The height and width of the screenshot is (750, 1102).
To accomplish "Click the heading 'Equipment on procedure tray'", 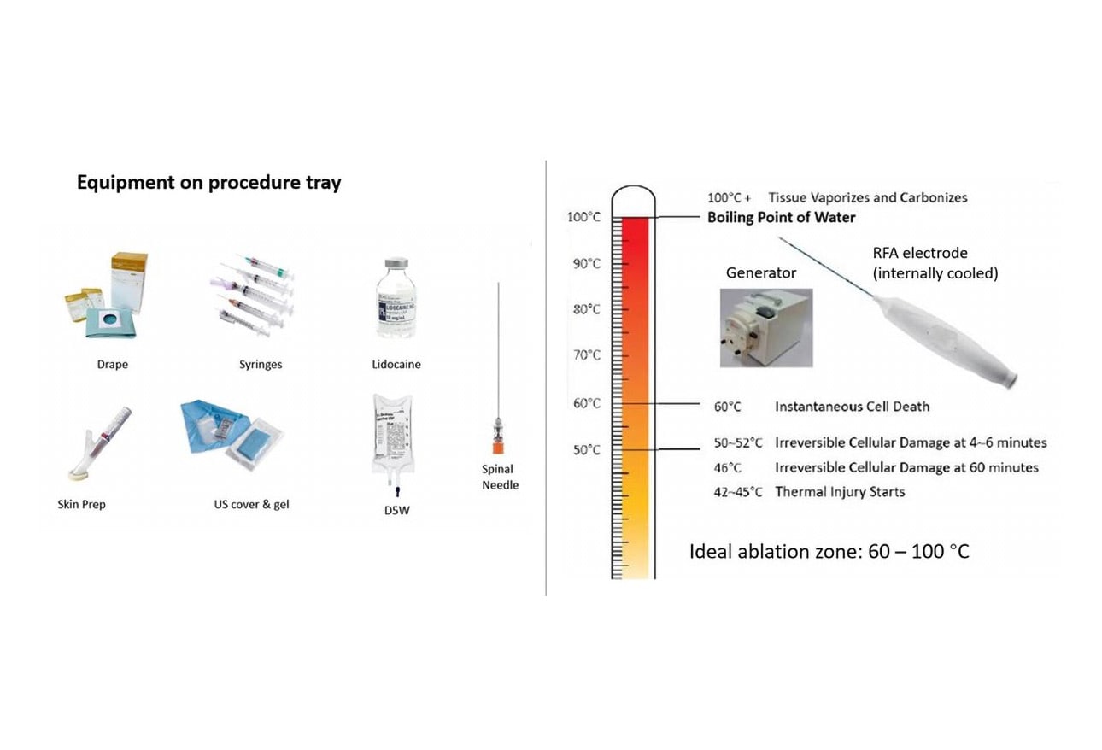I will [208, 182].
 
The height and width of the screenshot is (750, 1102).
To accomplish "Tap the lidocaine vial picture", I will [396, 303].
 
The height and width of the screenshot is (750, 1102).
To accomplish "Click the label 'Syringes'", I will [261, 365].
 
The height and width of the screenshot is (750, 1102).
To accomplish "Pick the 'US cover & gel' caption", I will [251, 504].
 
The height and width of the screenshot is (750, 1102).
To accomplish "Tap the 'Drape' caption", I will [113, 365].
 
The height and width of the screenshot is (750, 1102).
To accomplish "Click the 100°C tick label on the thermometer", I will [584, 218].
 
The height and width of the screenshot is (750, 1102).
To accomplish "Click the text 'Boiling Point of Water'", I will [781, 218].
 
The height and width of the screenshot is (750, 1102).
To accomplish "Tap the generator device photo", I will [765, 328].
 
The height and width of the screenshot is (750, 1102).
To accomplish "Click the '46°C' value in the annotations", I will [727, 468].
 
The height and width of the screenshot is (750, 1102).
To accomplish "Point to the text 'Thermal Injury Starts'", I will [840, 492].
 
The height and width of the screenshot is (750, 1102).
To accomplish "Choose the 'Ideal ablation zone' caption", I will [829, 551].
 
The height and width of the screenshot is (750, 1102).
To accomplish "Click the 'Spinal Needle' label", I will [500, 477].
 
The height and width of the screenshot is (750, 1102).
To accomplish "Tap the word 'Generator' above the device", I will [760, 273].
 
